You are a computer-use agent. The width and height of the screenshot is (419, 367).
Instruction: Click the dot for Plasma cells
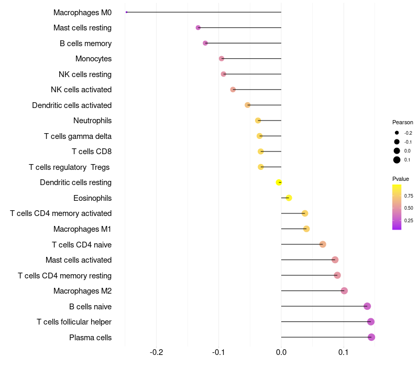tap(371, 337)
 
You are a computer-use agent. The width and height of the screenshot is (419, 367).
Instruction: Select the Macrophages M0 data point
tap(127, 12)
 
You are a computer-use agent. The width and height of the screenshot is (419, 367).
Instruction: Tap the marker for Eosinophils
tap(289, 198)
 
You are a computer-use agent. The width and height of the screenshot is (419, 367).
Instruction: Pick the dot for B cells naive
tap(367, 306)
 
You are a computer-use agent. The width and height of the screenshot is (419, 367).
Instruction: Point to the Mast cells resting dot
tap(198, 27)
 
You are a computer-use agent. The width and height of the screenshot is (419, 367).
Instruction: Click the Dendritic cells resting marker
tap(279, 182)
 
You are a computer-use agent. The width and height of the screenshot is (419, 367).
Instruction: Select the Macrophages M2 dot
tap(344, 290)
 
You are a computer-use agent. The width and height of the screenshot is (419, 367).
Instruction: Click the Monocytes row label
tap(93, 59)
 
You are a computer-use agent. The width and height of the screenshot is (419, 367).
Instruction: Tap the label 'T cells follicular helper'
tap(74, 322)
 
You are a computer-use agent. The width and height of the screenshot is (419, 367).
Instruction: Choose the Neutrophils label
tap(92, 121)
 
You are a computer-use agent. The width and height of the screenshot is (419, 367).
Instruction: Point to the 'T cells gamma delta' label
tap(78, 136)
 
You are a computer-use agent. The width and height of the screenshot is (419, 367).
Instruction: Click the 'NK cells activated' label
tap(81, 90)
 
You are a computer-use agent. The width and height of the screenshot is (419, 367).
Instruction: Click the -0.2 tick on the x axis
tap(156, 352)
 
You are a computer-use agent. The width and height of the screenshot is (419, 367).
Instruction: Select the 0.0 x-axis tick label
tap(281, 352)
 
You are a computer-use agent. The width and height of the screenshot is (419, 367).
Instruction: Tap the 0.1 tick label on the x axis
tap(344, 352)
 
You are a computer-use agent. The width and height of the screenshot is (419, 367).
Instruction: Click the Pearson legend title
tap(402, 122)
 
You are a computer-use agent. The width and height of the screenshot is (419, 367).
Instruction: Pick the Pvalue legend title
tap(401, 179)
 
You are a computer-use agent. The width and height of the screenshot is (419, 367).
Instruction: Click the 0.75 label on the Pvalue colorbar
tap(409, 196)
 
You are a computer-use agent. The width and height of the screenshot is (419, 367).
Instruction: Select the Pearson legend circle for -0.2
tap(397, 133)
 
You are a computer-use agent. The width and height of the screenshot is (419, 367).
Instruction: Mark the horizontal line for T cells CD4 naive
tap(301, 244)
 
